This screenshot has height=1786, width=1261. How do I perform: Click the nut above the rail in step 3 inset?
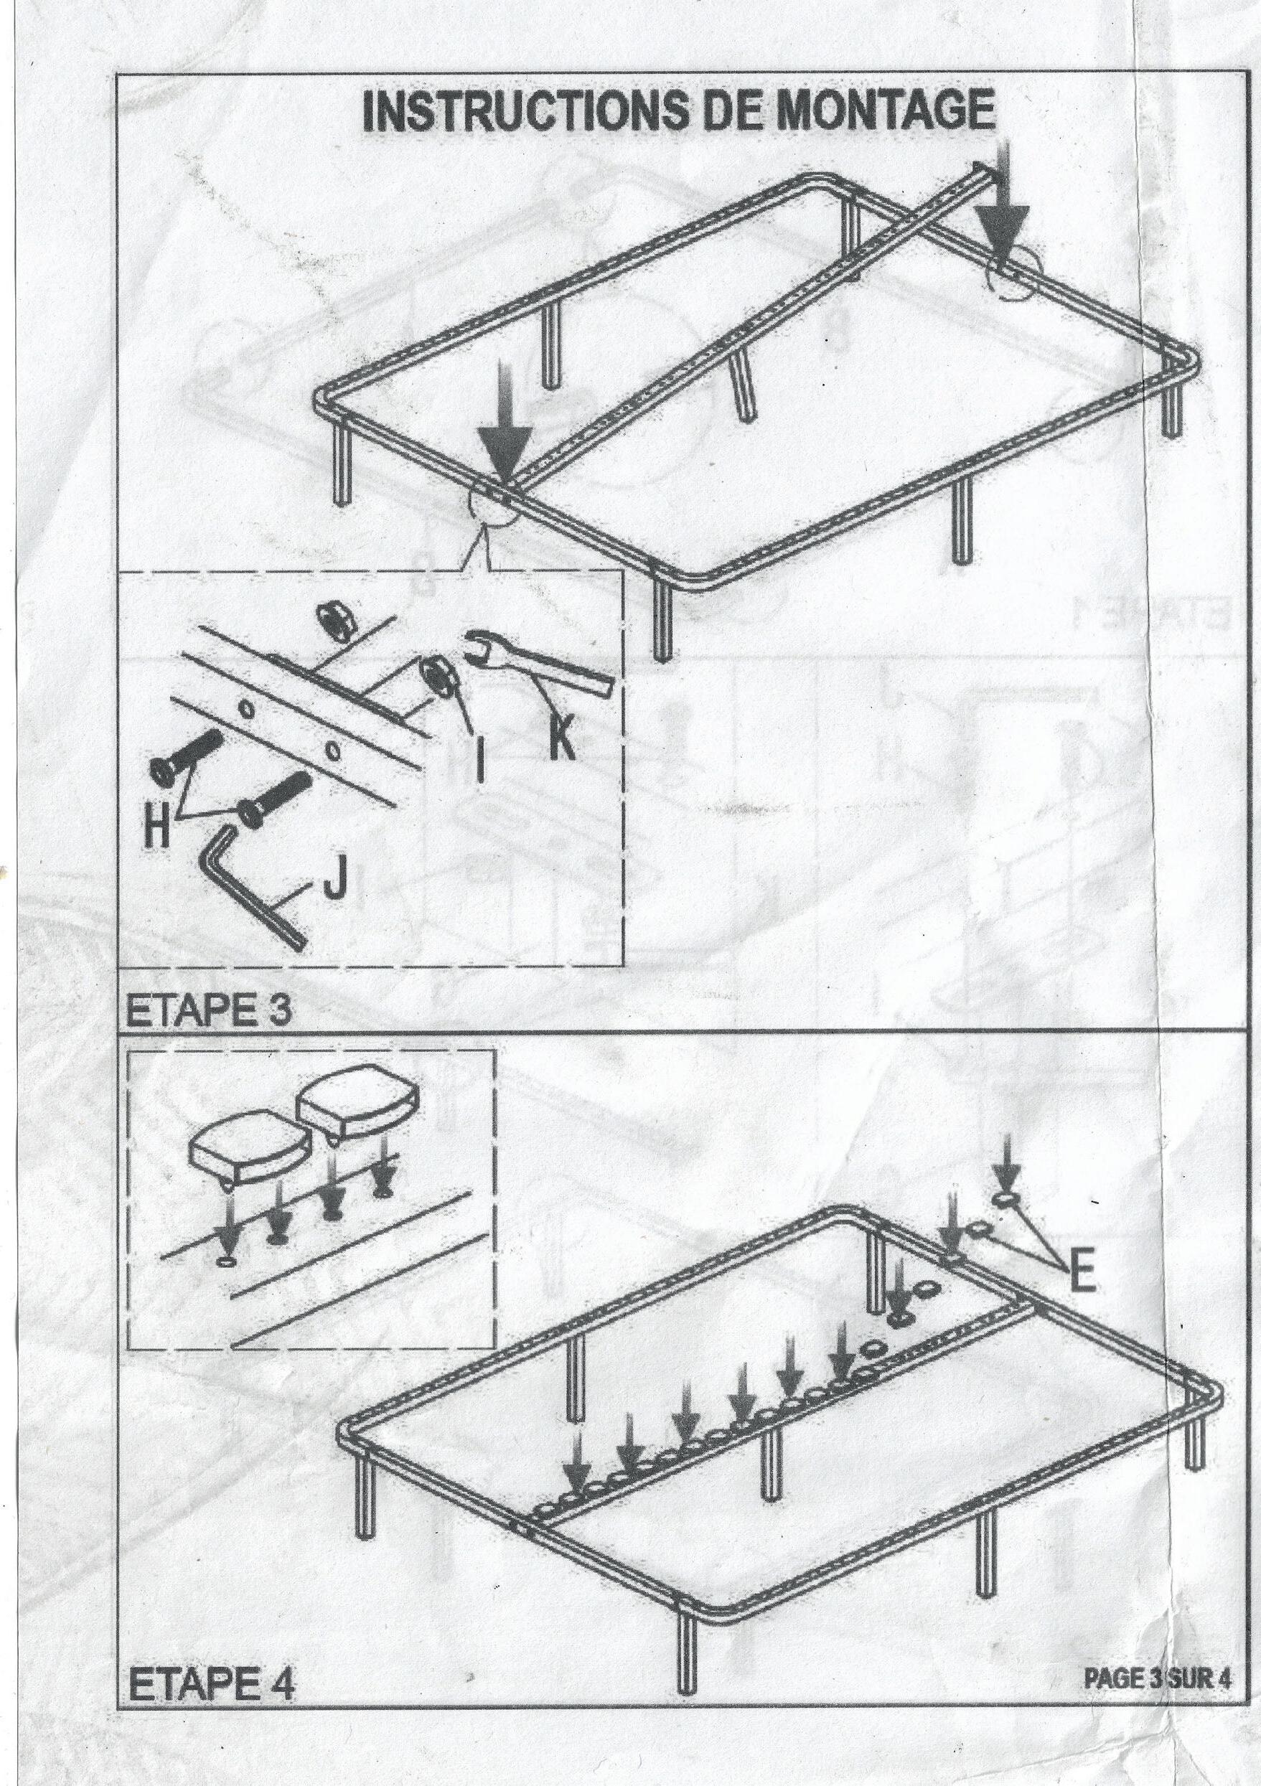pyautogui.click(x=337, y=622)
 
